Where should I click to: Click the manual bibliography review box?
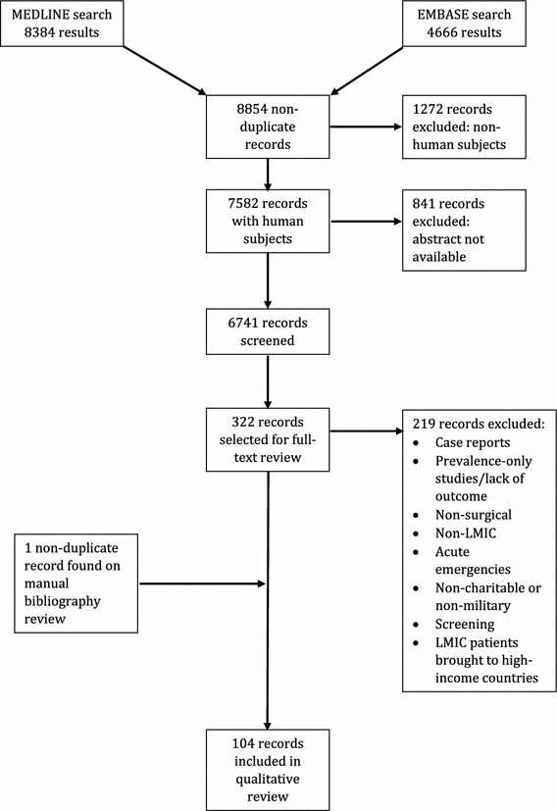click(x=77, y=584)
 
